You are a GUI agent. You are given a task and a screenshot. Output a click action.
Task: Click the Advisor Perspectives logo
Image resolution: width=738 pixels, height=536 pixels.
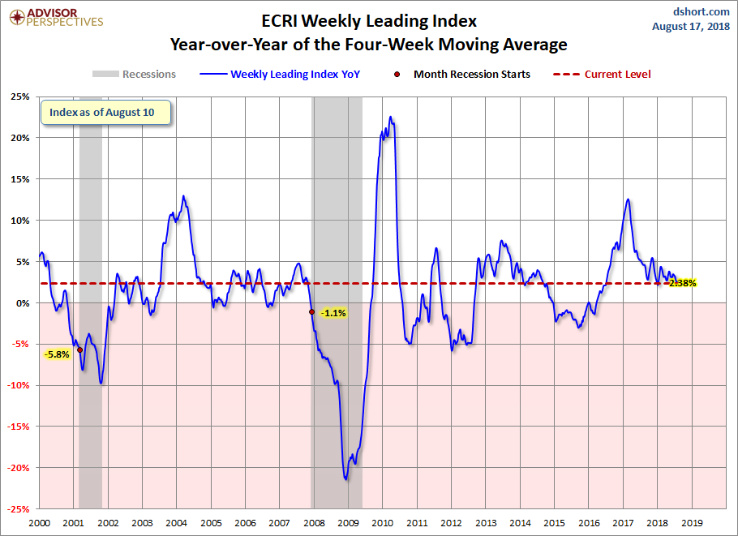click(55, 17)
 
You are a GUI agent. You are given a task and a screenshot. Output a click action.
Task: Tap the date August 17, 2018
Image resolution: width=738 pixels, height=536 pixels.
click(691, 27)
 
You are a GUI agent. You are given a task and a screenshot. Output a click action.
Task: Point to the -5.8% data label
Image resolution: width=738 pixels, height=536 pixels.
click(58, 354)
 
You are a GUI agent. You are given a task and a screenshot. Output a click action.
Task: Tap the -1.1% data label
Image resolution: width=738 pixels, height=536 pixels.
click(333, 313)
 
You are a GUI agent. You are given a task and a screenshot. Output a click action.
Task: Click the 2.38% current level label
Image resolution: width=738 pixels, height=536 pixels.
click(682, 283)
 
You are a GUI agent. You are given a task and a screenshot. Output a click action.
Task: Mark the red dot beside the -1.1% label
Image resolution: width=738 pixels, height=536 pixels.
click(312, 312)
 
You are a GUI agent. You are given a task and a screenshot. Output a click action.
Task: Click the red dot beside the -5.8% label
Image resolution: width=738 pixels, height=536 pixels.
click(79, 349)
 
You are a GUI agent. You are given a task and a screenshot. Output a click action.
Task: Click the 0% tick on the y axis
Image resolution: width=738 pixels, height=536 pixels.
click(24, 303)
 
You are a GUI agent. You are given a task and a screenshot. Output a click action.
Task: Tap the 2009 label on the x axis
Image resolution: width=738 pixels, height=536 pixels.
click(348, 524)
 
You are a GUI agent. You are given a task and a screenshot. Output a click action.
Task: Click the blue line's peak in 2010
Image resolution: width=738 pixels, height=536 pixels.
click(390, 117)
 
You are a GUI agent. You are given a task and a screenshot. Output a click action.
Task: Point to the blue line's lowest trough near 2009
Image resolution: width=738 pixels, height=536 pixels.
click(346, 479)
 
